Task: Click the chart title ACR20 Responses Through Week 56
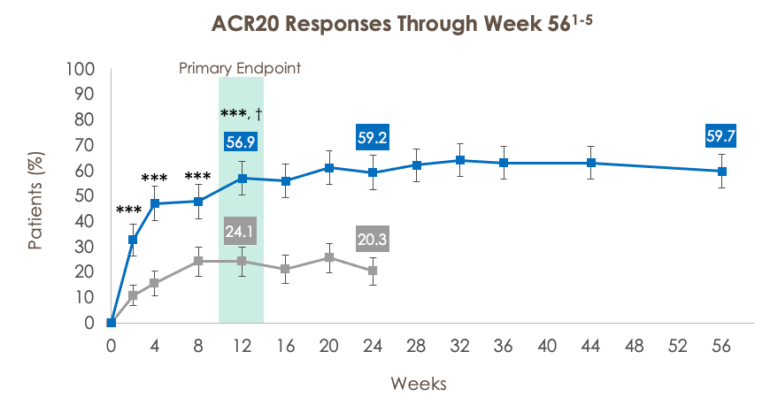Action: [389, 23]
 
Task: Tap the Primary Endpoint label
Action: [240, 68]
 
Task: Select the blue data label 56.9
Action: [241, 143]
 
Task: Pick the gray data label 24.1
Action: [241, 231]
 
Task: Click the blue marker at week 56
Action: [722, 171]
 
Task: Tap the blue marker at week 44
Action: [591, 163]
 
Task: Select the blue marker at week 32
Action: [460, 160]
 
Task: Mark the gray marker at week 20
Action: [329, 257]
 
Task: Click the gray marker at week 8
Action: [198, 261]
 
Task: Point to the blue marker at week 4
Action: [155, 203]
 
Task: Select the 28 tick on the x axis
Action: [417, 345]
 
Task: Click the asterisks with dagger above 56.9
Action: [241, 114]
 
